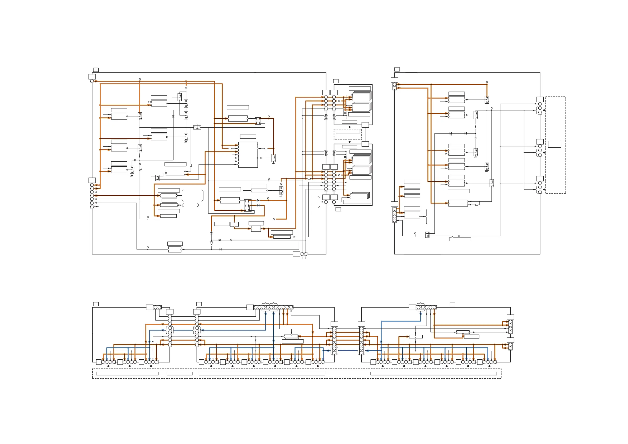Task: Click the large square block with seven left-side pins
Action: (x=248, y=155)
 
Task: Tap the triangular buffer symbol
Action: (x=211, y=243)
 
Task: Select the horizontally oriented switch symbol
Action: (x=197, y=127)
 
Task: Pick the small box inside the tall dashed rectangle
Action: (x=554, y=144)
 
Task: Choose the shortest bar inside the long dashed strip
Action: (x=180, y=373)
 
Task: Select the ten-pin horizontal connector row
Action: (x=273, y=307)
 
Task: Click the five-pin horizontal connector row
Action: (x=426, y=307)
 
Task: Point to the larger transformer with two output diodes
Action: (x=248, y=205)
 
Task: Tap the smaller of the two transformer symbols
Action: (x=258, y=121)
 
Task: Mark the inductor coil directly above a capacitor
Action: (x=475, y=127)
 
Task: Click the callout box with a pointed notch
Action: (x=460, y=239)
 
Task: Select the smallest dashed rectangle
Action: (x=348, y=134)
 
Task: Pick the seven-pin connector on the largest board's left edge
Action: (x=92, y=196)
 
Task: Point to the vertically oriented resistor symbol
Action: (x=191, y=165)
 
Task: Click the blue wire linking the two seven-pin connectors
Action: (x=348, y=350)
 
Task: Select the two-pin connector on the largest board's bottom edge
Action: (x=304, y=254)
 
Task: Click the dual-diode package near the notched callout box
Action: (x=427, y=234)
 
